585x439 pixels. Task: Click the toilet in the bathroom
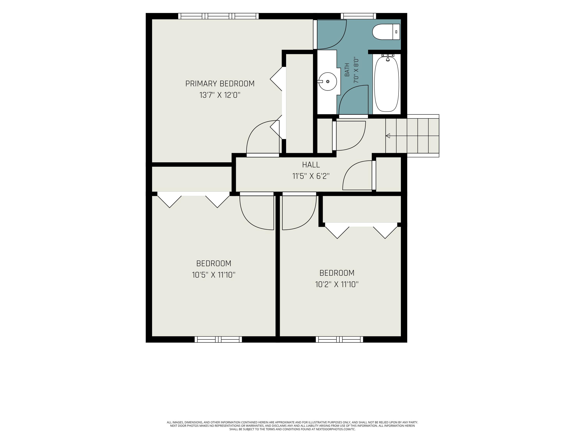pos(386,32)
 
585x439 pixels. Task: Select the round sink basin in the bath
pos(328,82)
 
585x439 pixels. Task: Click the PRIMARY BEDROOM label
pos(220,84)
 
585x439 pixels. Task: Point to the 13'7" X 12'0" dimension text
pos(220,95)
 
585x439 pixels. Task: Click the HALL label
pos(311,165)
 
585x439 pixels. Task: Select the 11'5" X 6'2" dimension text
pos(311,176)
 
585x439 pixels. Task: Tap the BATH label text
pos(347,70)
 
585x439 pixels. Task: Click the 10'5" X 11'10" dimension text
pos(214,275)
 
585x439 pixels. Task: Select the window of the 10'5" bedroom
pos(218,339)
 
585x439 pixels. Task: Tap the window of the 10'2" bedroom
pos(339,339)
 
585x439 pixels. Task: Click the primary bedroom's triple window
pos(218,16)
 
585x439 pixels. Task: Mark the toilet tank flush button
pos(396,32)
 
